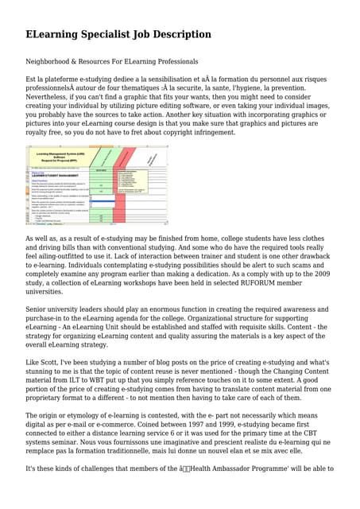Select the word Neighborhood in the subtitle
53,61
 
